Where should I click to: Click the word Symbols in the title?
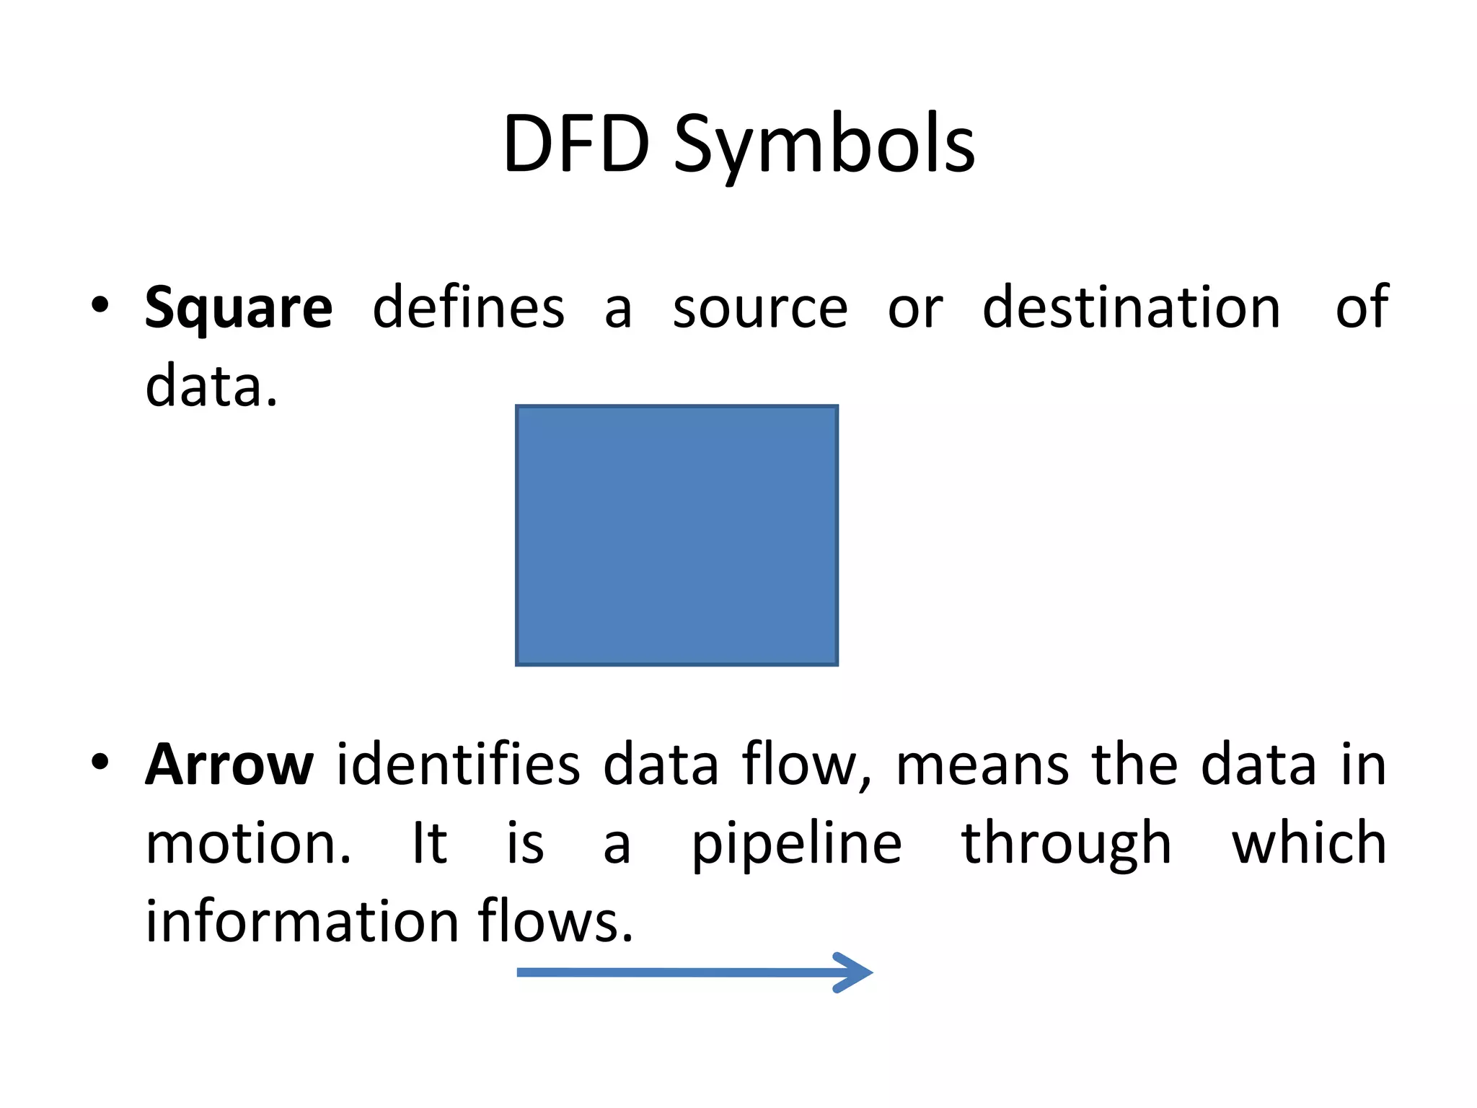[824, 147]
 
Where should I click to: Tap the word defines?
[468, 307]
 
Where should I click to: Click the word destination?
[1131, 307]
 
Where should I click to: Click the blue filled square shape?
[676, 535]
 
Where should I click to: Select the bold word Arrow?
[229, 765]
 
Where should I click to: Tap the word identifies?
[458, 765]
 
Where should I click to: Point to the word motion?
[248, 844]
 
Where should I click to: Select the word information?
[302, 922]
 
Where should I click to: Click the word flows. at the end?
[555, 922]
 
